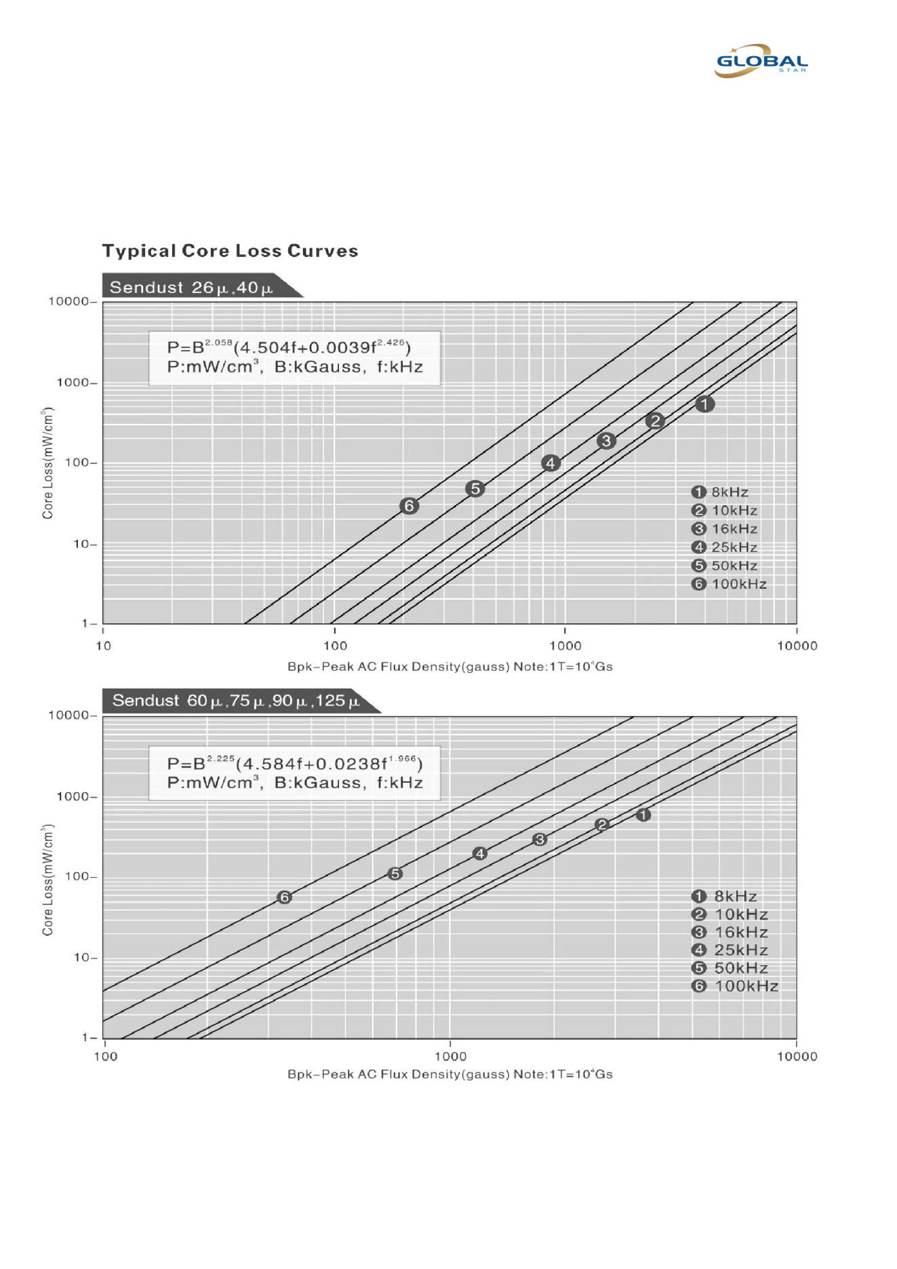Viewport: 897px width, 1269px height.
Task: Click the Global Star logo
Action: (761, 61)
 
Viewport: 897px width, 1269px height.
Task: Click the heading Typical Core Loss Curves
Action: (230, 251)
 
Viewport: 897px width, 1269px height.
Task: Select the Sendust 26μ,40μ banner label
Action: (191, 288)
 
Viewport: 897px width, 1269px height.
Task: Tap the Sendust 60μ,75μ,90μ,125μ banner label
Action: (236, 701)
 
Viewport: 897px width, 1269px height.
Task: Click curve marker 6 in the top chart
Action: (409, 506)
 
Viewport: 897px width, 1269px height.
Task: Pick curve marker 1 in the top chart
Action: (705, 404)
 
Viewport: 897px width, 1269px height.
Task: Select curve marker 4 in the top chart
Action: (551, 463)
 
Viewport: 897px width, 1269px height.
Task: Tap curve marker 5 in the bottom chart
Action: (395, 874)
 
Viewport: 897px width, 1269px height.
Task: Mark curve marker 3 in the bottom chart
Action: (540, 840)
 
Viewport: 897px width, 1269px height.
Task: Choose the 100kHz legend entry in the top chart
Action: (730, 584)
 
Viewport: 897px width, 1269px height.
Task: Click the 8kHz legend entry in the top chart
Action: (721, 492)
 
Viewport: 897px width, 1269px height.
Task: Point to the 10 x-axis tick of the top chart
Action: (103, 646)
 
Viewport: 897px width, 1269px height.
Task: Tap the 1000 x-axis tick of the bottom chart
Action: (450, 1056)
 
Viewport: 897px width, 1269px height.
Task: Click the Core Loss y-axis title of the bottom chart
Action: (47, 880)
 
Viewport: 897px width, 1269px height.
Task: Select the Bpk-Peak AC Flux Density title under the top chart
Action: (450, 667)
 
